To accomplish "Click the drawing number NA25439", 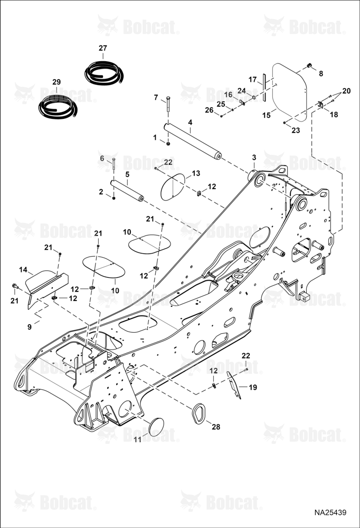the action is pos(330,513).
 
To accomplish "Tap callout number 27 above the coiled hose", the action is pos(103,48).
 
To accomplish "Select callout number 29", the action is pos(56,82).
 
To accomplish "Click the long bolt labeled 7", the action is pos(168,107).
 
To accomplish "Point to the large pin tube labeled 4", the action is pos(193,141).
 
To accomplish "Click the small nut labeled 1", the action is pos(168,144).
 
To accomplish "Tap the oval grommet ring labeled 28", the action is pos(198,412).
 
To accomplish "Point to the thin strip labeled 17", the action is pos(264,87).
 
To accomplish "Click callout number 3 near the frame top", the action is pos(254,157).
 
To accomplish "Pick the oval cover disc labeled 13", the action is pos(173,187).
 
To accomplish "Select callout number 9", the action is pos(30,327).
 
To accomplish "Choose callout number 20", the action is pos(346,91).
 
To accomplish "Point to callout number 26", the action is pos(210,110).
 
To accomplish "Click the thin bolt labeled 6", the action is pos(114,164).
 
